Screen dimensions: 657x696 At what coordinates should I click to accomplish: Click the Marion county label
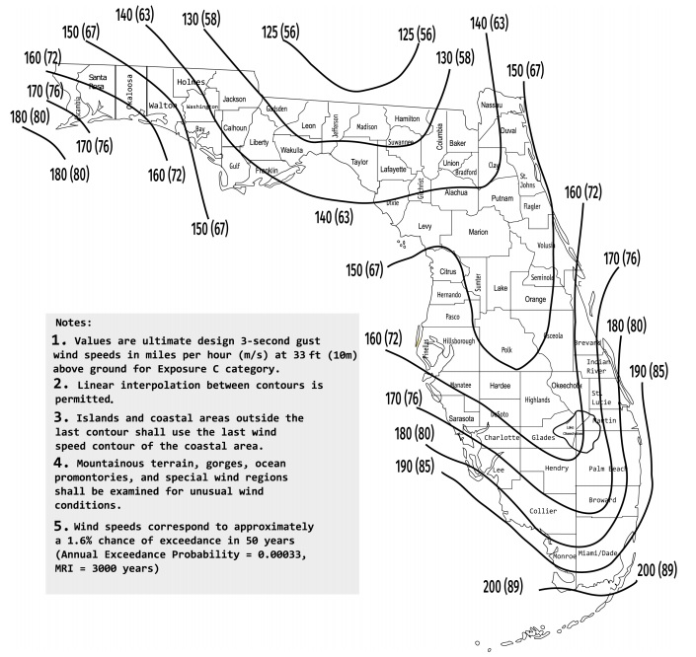click(478, 232)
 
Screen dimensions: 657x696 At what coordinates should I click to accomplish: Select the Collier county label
click(543, 511)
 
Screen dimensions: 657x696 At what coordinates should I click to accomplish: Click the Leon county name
click(308, 126)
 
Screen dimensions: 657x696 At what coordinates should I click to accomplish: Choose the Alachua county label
click(455, 192)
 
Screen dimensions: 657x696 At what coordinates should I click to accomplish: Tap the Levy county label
click(425, 226)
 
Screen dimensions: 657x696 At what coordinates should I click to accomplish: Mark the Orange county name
click(535, 299)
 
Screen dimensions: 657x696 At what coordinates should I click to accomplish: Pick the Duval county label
click(508, 129)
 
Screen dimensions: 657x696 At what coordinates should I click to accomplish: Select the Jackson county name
click(234, 99)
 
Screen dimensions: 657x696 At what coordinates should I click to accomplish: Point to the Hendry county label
click(557, 469)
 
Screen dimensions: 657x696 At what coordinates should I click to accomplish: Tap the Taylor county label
click(359, 162)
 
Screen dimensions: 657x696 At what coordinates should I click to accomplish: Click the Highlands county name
click(537, 400)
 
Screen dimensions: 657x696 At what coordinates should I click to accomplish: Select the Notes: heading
click(75, 323)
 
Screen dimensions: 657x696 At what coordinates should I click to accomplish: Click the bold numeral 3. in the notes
click(59, 418)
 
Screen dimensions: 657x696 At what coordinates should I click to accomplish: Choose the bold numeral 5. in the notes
click(59, 526)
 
